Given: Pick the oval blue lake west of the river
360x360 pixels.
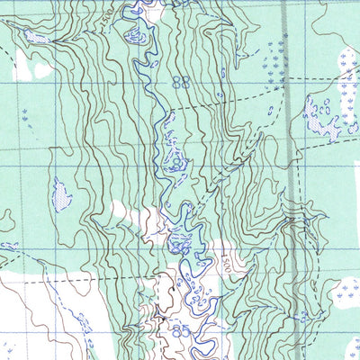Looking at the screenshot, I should coord(61,194).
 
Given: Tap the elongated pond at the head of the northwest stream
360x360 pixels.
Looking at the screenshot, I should coord(36,36).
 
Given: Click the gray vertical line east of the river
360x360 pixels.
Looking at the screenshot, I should coord(286,135).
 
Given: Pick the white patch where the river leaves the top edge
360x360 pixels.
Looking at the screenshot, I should coord(153,9).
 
